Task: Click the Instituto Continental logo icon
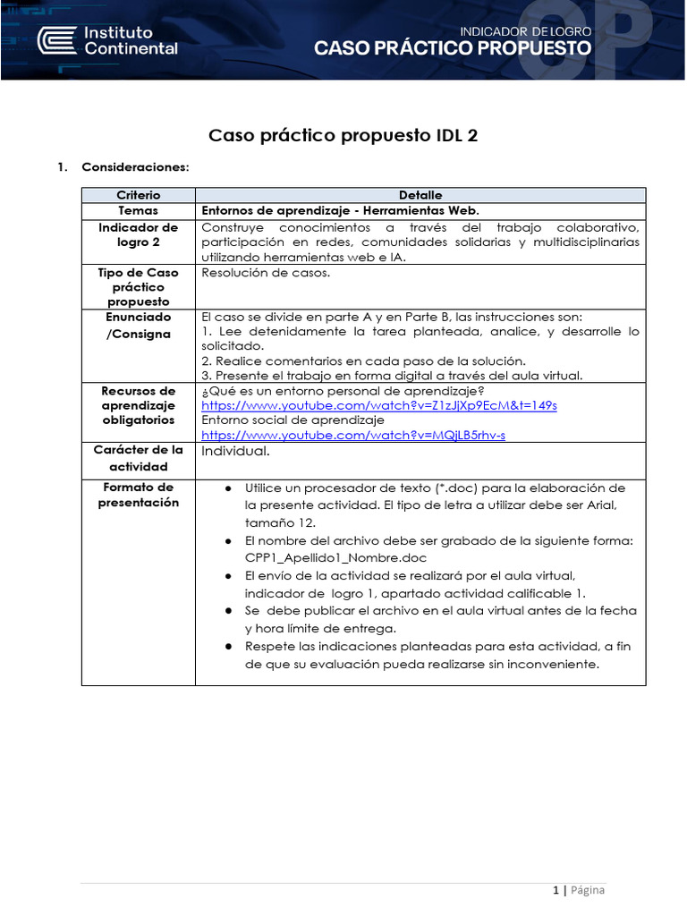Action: (55, 39)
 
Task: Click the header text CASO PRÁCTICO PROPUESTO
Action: (452, 49)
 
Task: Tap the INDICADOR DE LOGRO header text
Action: (525, 30)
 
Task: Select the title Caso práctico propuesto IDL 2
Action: (343, 136)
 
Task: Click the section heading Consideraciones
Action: (135, 167)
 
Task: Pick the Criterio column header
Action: (138, 195)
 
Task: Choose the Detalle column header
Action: (420, 195)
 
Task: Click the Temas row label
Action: (138, 211)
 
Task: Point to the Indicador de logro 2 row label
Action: (138, 234)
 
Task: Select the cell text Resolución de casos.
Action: (266, 273)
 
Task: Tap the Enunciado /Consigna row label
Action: (138, 326)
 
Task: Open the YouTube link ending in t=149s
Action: (379, 405)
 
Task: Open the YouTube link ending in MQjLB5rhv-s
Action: (353, 435)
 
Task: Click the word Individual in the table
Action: (234, 451)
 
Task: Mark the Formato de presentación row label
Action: (138, 495)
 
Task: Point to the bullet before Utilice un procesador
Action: (229, 488)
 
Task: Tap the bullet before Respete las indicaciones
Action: (229, 646)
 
